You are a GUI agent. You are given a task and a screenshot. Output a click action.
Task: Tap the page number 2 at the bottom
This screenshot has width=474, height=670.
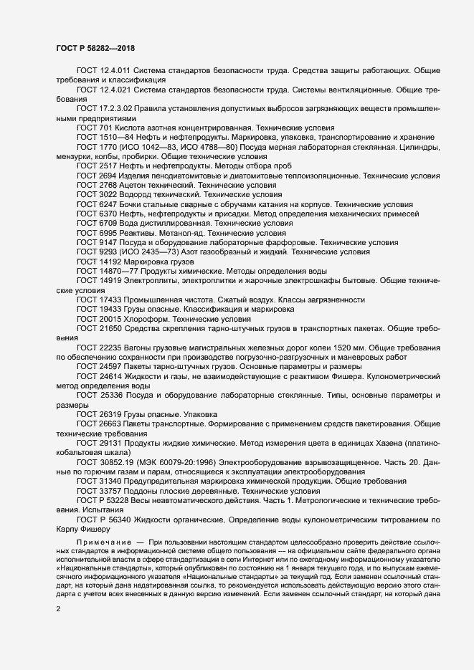pyautogui.click(x=59, y=609)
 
